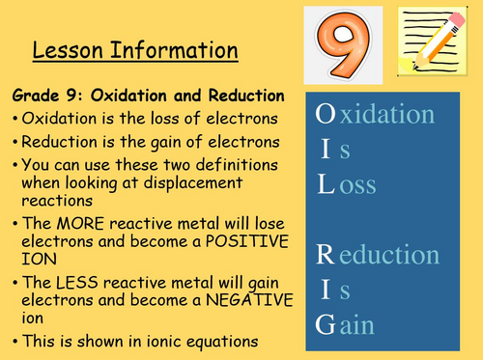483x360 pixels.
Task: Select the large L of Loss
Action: click(x=326, y=185)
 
